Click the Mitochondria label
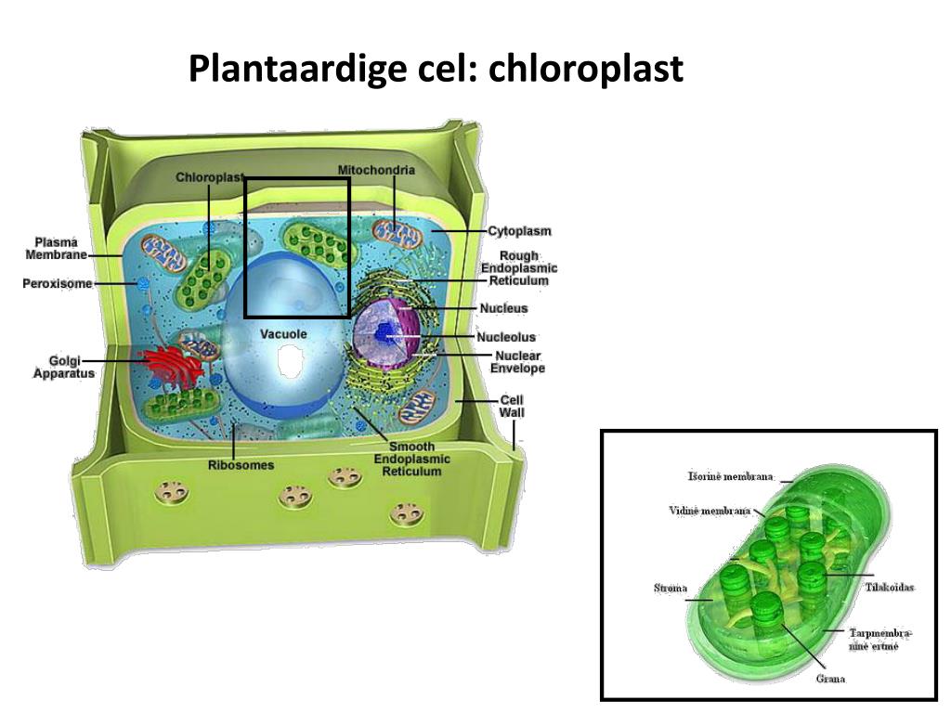[376, 171]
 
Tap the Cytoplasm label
[519, 231]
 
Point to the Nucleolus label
[506, 337]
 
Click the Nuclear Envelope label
[517, 362]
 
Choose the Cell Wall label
[512, 407]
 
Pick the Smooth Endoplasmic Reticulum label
[411, 459]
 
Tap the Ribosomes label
[241, 464]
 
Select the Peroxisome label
[58, 284]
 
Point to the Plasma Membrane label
[56, 248]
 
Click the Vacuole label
[283, 333]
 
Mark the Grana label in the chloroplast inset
[830, 679]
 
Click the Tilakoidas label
[890, 588]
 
